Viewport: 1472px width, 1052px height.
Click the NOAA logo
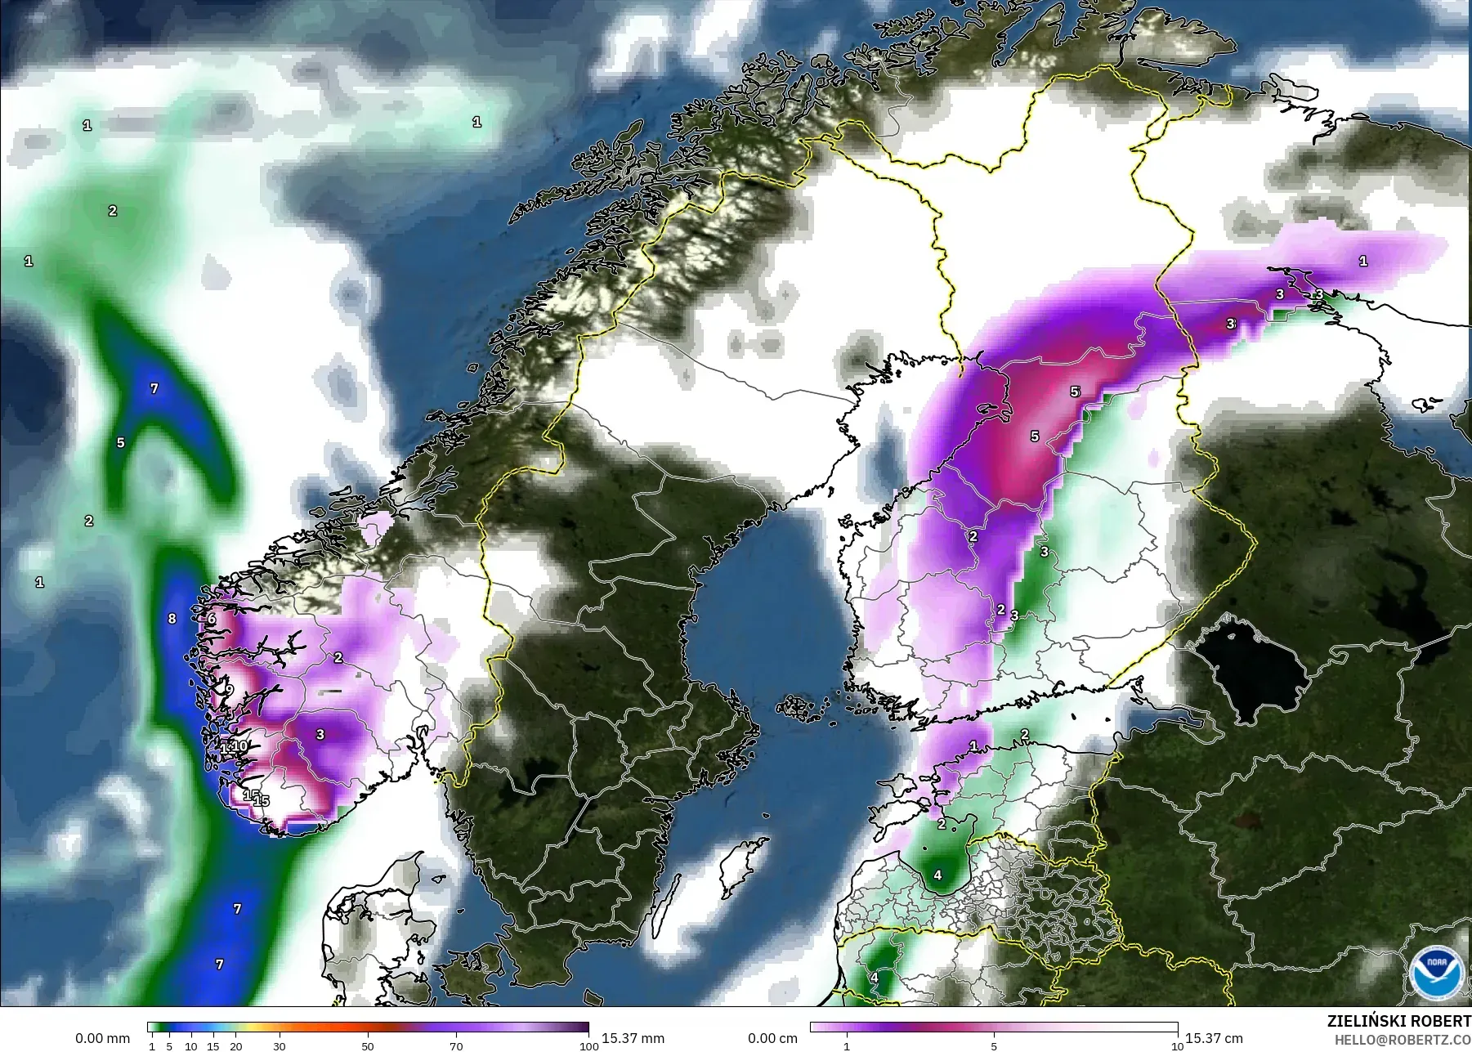pyautogui.click(x=1436, y=971)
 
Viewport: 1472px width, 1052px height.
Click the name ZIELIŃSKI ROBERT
pyautogui.click(x=1398, y=1022)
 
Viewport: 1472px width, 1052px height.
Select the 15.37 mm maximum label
pyautogui.click(x=632, y=1038)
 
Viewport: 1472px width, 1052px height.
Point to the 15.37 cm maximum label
pyautogui.click(x=1214, y=1038)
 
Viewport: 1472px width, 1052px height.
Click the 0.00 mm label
pyautogui.click(x=102, y=1038)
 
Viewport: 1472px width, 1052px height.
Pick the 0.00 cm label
pyautogui.click(x=772, y=1038)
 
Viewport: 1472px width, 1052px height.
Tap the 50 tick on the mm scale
pyautogui.click(x=368, y=1046)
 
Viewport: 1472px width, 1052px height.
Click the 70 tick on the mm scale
pyautogui.click(x=456, y=1046)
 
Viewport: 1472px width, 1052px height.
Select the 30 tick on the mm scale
pyautogui.click(x=280, y=1046)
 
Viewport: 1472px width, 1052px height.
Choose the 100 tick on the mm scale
pyautogui.click(x=588, y=1046)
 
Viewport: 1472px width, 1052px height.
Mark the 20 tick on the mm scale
pyautogui.click(x=235, y=1046)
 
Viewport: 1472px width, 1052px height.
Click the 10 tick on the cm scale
pyautogui.click(x=1176, y=1046)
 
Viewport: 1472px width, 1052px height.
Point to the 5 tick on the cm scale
pyautogui.click(x=994, y=1046)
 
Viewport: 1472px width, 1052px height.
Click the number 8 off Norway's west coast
pyautogui.click(x=172, y=619)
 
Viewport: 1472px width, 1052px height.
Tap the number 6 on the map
pyautogui.click(x=212, y=619)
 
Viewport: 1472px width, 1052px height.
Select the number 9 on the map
pyautogui.click(x=230, y=690)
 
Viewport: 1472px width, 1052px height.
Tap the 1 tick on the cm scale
pyautogui.click(x=847, y=1046)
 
